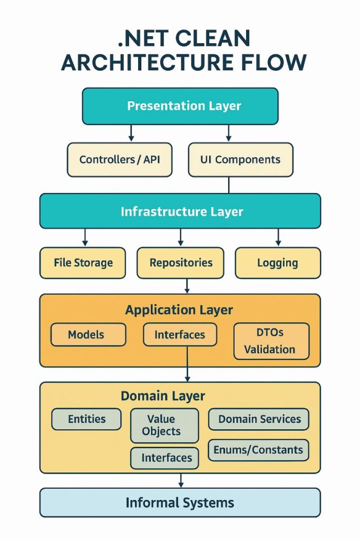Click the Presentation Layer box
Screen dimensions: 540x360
tap(180, 106)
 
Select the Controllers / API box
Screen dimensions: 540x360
tap(119, 159)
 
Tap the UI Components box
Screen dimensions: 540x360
tap(240, 159)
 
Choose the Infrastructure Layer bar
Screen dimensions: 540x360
tap(180, 211)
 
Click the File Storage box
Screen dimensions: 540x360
tap(83, 263)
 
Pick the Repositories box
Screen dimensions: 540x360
tap(180, 263)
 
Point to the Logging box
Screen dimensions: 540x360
tap(277, 263)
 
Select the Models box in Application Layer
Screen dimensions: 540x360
tap(88, 334)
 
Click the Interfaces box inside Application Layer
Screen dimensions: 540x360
tap(180, 334)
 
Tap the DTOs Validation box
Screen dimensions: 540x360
tap(271, 341)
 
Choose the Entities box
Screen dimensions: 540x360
tap(86, 419)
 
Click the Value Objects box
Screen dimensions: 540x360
tap(164, 425)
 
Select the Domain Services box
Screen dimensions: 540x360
tap(259, 419)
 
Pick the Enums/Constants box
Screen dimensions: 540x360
tap(258, 450)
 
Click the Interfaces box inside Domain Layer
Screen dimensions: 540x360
tap(164, 458)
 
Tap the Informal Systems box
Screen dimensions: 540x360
tap(180, 503)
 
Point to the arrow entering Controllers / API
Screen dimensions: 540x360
tap(131, 134)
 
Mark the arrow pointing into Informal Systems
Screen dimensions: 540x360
tap(181, 480)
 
